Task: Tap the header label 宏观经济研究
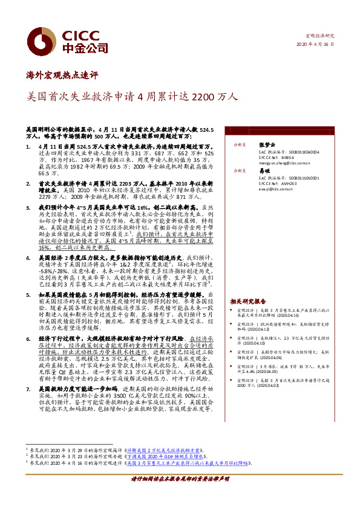click(x=319, y=36)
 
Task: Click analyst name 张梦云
click(x=267, y=145)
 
